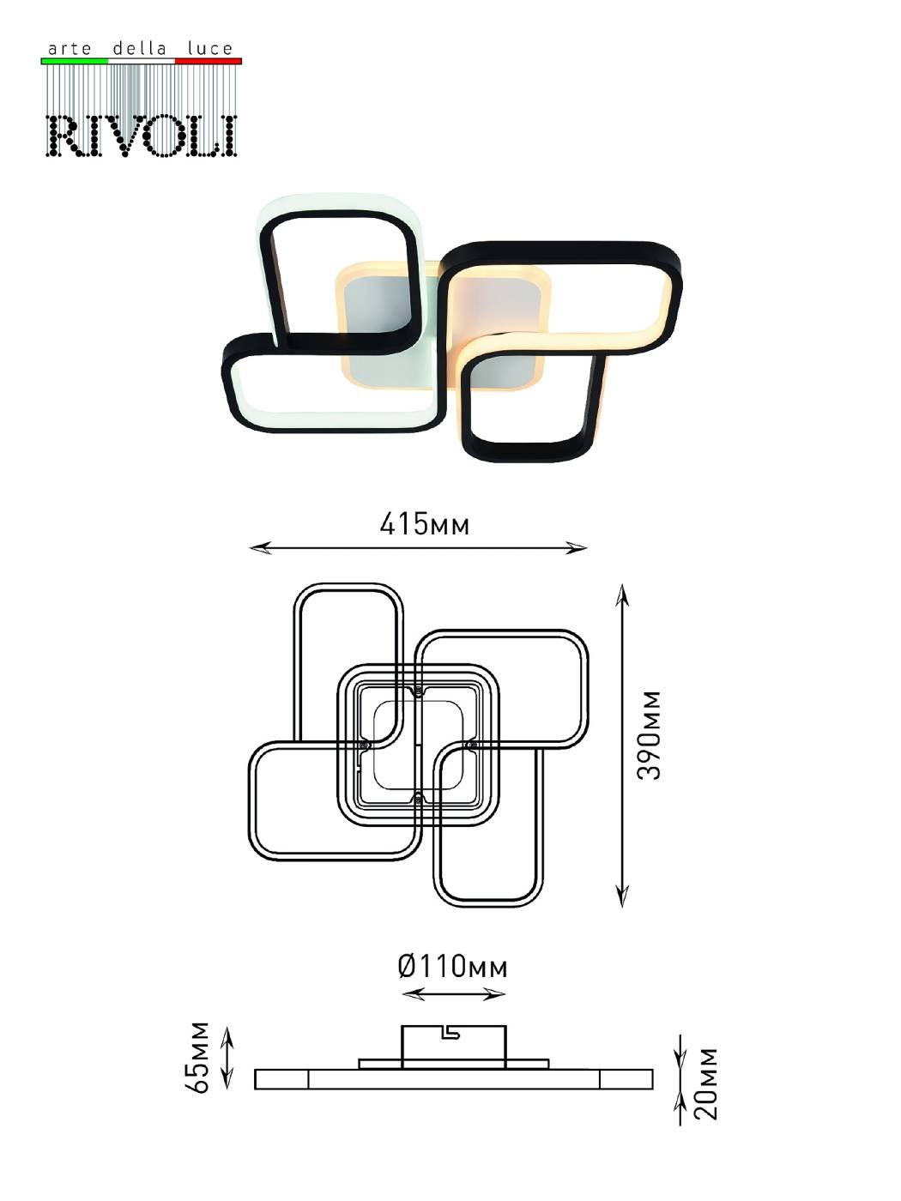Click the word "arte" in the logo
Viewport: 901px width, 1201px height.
click(70, 49)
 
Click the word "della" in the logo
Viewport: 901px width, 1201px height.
click(139, 48)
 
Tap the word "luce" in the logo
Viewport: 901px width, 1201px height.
click(210, 49)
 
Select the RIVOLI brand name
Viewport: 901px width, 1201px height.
click(141, 136)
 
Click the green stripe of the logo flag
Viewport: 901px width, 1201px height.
click(75, 61)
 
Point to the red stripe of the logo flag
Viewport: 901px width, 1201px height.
click(208, 61)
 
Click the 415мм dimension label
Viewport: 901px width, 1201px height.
click(425, 524)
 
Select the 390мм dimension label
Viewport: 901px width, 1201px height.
click(650, 735)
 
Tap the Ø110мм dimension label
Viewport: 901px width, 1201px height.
click(453, 967)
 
